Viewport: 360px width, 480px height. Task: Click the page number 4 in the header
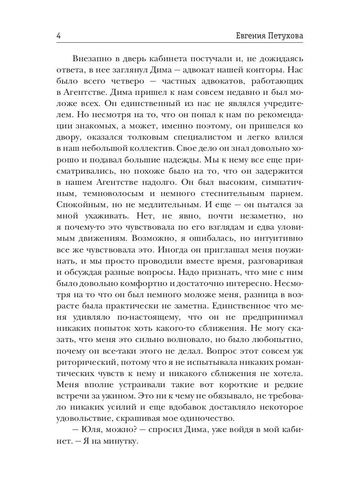point(59,36)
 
